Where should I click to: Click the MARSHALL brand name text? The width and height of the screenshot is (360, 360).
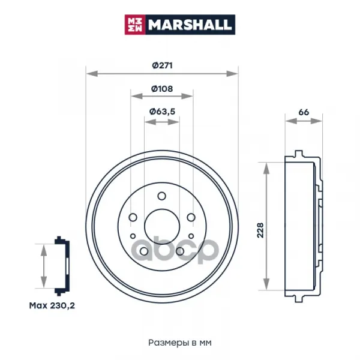click(x=190, y=25)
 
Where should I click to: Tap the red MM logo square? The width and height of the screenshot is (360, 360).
click(x=135, y=25)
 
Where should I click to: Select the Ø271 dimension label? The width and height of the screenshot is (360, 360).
click(x=162, y=65)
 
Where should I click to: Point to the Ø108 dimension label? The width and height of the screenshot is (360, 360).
click(x=162, y=89)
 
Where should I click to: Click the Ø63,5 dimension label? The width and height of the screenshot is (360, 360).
click(x=162, y=112)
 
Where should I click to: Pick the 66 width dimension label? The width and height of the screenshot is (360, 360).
click(x=304, y=112)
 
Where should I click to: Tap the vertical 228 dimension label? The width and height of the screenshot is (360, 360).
click(x=260, y=230)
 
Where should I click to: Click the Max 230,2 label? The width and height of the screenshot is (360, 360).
click(x=52, y=305)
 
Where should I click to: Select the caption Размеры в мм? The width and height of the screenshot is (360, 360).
click(x=180, y=343)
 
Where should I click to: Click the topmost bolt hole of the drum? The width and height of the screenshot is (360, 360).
click(x=162, y=196)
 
